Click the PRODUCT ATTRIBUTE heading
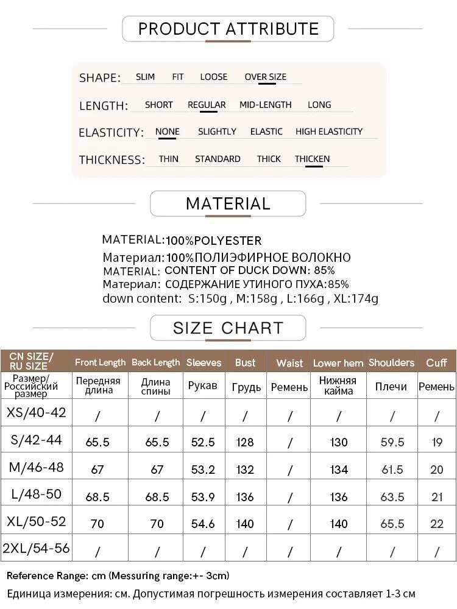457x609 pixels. (x=228, y=29)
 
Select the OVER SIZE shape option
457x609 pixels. (x=265, y=77)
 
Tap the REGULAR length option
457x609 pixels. (x=207, y=105)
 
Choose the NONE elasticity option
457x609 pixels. (x=167, y=132)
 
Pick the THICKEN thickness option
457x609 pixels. (x=312, y=159)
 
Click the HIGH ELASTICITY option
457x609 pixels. (x=328, y=132)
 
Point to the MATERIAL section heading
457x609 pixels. (x=228, y=203)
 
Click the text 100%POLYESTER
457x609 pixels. (x=214, y=241)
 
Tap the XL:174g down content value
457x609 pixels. (x=356, y=298)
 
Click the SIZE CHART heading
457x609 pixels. (x=228, y=328)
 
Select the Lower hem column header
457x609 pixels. (x=338, y=363)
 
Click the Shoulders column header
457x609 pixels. (x=391, y=362)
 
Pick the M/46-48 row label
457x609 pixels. (x=36, y=468)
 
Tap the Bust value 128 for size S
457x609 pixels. (x=245, y=442)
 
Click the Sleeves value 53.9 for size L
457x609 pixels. (x=203, y=497)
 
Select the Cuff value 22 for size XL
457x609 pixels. (x=437, y=524)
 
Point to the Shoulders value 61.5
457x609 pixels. (x=392, y=470)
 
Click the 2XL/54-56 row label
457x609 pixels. (x=36, y=548)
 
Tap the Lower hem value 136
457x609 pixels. (x=339, y=497)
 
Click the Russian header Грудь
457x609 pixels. (x=246, y=387)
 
